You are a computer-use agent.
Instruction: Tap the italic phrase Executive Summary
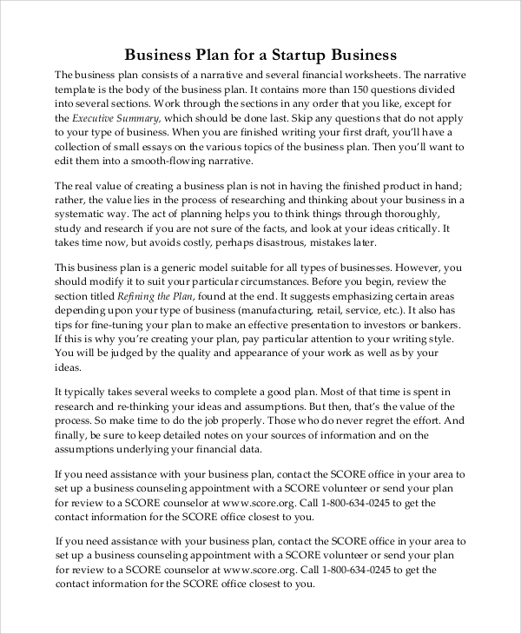click(x=115, y=117)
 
